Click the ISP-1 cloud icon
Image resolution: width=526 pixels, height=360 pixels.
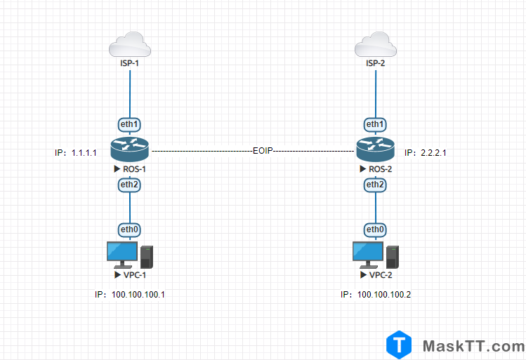[x=130, y=47]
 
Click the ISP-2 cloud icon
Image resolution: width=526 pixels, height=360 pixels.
[x=376, y=47]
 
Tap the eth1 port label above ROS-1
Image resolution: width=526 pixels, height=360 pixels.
[x=130, y=125]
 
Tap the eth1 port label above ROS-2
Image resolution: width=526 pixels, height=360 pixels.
[x=375, y=125]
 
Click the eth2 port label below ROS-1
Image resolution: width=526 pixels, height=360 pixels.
[x=130, y=185]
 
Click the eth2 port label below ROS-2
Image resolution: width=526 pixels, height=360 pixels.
[x=375, y=185]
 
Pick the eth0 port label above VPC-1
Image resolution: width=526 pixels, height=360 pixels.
[x=130, y=229]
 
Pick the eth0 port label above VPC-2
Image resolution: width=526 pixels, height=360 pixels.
[x=375, y=229]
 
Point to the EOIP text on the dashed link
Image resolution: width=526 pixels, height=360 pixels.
[x=263, y=151]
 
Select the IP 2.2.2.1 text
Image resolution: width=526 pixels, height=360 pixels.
[x=426, y=152]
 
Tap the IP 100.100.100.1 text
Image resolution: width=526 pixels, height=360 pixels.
[x=130, y=295]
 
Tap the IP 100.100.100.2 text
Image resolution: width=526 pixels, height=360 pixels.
[x=376, y=295]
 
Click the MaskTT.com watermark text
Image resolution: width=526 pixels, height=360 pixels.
[x=473, y=346]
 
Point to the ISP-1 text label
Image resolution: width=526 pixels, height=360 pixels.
[x=130, y=64]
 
